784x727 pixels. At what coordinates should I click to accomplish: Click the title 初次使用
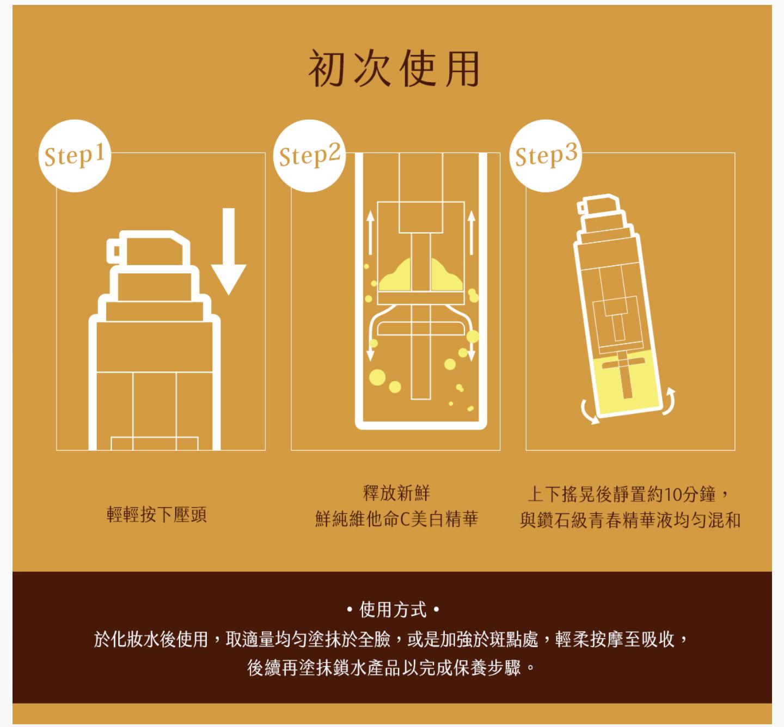[394, 68]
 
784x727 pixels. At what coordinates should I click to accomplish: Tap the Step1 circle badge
[75, 156]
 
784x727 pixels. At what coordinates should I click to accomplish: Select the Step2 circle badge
[309, 156]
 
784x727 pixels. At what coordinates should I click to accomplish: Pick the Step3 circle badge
[546, 156]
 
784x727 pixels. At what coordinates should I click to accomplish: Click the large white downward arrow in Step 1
[229, 251]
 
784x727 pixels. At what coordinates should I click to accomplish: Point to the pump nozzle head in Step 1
[149, 248]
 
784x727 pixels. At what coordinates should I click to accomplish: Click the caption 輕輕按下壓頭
[157, 515]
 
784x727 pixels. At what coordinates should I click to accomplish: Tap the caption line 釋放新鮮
[396, 493]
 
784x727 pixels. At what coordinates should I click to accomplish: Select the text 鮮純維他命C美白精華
[397, 519]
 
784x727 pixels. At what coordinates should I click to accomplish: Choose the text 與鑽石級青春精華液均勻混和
[630, 520]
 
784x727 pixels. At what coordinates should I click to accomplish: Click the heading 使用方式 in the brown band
[393, 609]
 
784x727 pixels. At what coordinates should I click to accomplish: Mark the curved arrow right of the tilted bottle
[670, 401]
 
